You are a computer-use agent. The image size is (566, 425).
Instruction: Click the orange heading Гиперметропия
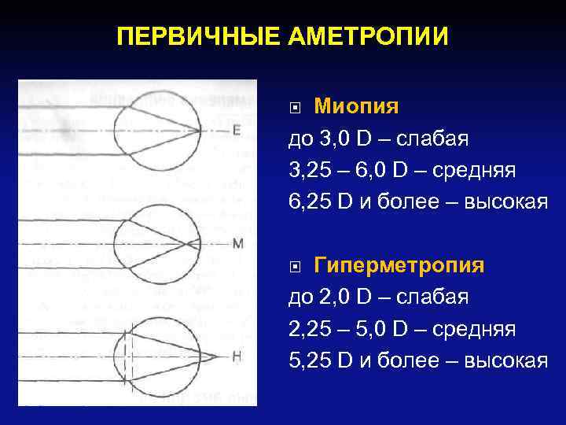(399, 265)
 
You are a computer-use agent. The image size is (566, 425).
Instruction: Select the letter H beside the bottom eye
(237, 357)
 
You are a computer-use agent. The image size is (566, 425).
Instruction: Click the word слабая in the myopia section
(432, 139)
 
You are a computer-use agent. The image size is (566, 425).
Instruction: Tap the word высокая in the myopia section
(506, 202)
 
